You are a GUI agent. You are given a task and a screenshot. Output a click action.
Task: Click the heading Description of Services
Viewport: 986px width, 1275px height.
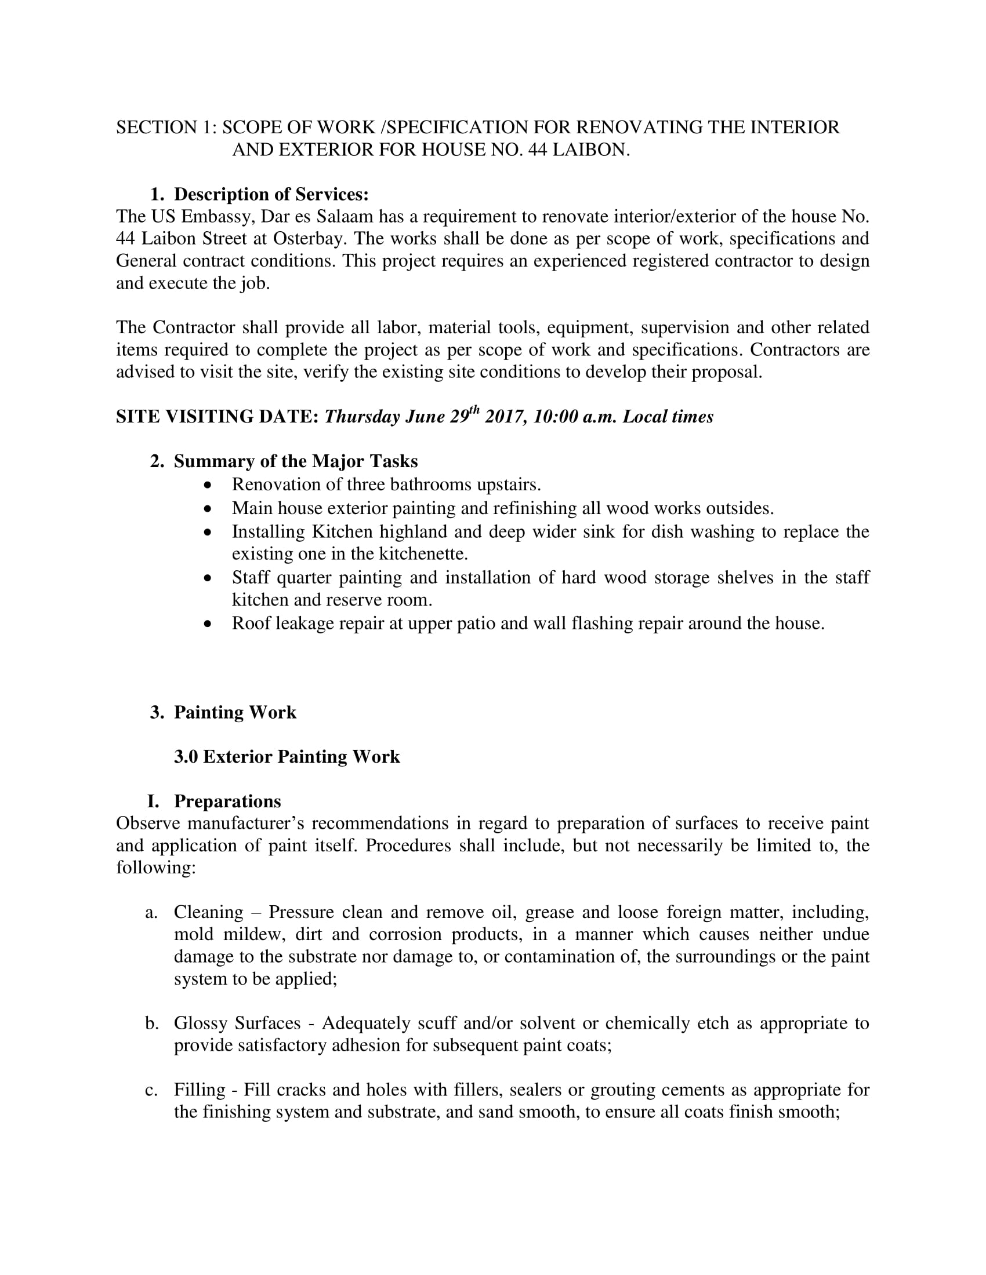coord(271,194)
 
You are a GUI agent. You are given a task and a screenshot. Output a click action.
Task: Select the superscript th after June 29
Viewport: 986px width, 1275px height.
coord(474,410)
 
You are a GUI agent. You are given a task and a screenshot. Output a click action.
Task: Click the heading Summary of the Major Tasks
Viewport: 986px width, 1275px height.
coord(296,461)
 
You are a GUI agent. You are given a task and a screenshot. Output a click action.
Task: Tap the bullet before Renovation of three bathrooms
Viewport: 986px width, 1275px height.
coord(209,485)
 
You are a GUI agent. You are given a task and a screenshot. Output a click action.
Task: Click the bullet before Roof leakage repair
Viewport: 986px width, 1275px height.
coord(209,624)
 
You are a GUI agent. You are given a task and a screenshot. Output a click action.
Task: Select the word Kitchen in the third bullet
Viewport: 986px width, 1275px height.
coord(342,532)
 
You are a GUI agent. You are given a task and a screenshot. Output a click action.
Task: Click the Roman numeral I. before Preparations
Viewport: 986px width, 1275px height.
coord(153,801)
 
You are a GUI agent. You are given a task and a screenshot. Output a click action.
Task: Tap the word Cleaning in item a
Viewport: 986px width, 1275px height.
coord(209,912)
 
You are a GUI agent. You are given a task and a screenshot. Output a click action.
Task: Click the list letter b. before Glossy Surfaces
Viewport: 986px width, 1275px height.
coord(152,1023)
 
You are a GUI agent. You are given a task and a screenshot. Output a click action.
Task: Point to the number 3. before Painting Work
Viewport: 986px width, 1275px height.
coord(157,712)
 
